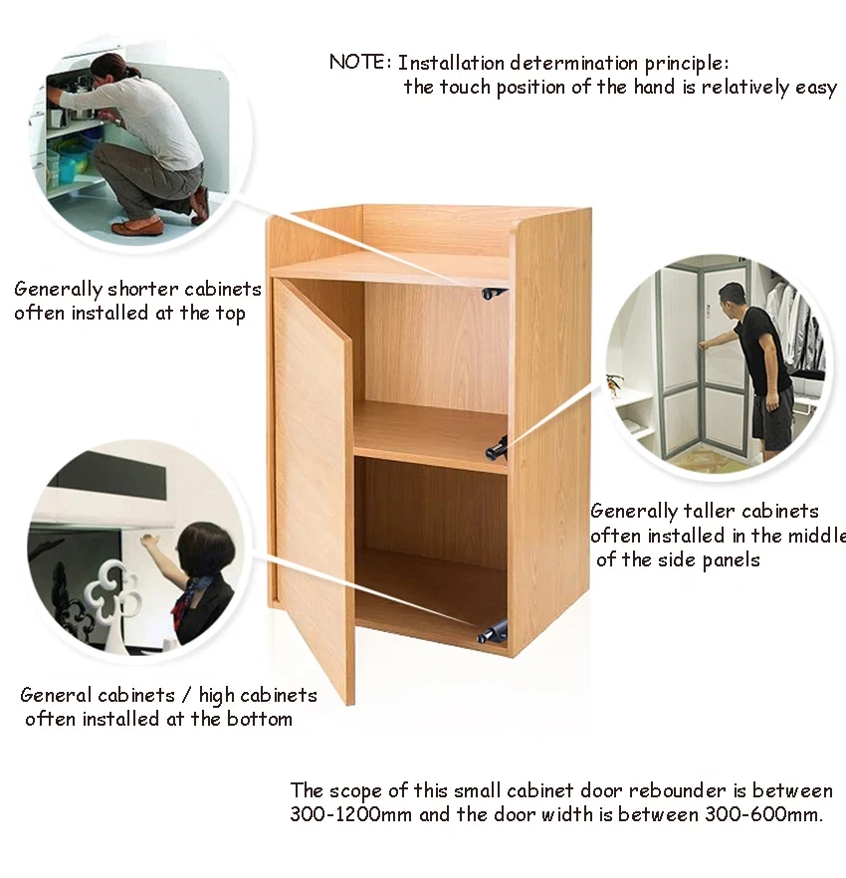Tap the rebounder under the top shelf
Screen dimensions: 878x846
point(493,293)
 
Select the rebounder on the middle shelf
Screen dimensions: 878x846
point(498,449)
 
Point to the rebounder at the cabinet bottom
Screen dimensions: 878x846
point(493,630)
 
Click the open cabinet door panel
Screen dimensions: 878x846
point(313,488)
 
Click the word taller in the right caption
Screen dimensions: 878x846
point(706,512)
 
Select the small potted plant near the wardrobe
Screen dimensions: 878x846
point(615,382)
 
